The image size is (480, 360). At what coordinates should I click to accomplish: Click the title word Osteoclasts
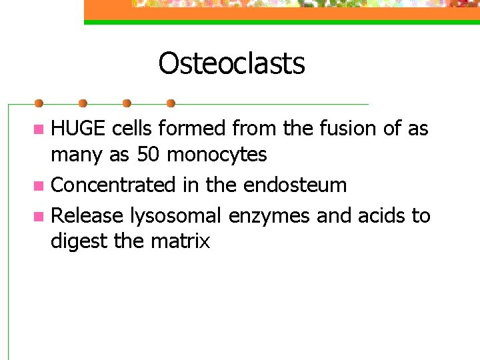231,64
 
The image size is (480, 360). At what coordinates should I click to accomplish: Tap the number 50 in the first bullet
148,155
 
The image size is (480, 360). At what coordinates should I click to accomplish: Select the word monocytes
217,155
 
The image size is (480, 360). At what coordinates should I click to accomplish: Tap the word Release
87,215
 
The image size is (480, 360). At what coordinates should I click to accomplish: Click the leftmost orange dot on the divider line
39,103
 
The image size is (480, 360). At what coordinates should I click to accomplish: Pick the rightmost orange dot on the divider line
171,103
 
